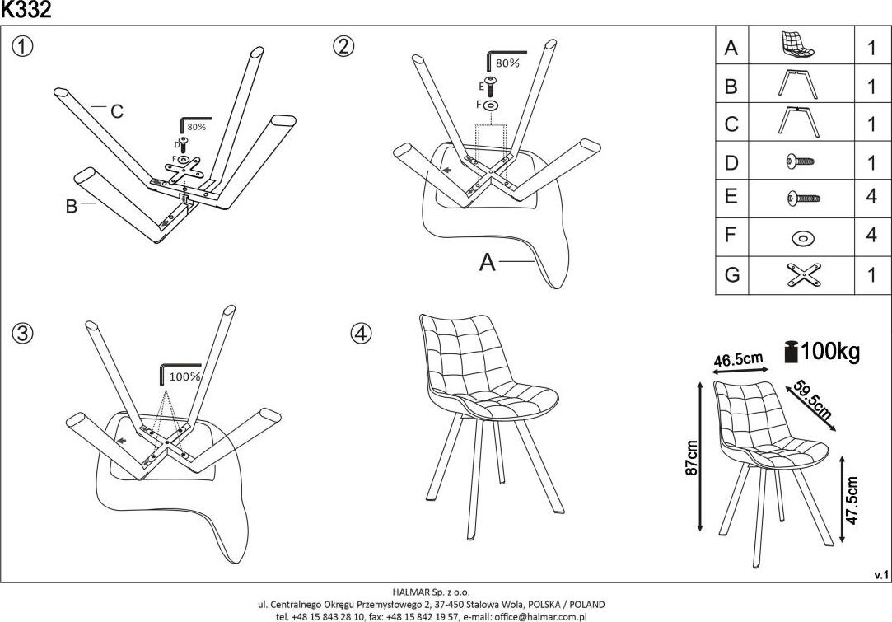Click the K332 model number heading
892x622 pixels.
[26, 10]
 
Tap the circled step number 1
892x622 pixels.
[23, 47]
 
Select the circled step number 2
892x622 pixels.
[343, 47]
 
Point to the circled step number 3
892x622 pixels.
[23, 333]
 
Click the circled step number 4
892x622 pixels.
[362, 333]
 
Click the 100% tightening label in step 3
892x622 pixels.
[184, 376]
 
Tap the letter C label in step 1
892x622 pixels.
[117, 112]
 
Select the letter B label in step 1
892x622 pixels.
[72, 206]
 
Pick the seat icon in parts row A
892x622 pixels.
[797, 46]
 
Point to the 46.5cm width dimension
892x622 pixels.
[738, 360]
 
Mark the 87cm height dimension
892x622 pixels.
[693, 457]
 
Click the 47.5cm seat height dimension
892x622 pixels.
[853, 500]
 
